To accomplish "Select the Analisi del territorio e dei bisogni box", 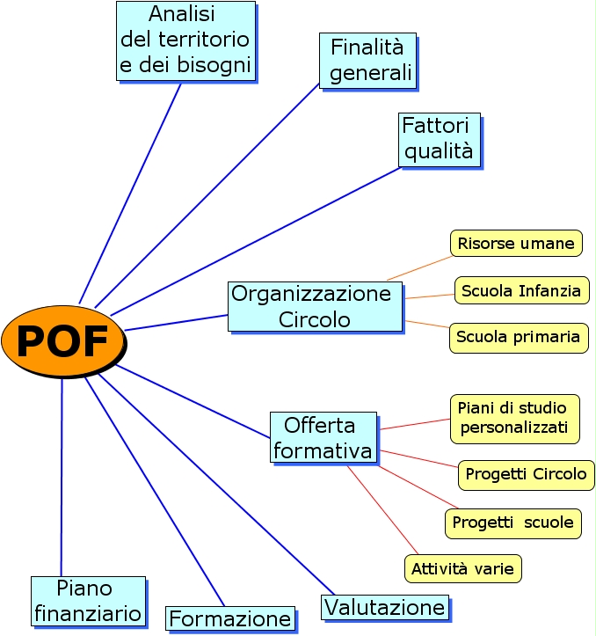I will coord(185,40).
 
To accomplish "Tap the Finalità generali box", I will coord(367,60).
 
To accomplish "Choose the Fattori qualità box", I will coord(439,139).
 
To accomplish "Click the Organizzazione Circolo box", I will coord(314,305).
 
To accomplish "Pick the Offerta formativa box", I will coord(323,438).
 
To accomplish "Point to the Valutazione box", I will coord(384,607).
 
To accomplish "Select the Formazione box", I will coord(229,618).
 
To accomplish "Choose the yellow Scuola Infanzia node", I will coord(521,289).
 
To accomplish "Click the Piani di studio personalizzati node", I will coord(514,418).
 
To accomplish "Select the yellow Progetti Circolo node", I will coord(526,474).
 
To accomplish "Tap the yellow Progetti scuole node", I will coord(512,523).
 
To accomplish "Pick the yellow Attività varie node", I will coord(463,567).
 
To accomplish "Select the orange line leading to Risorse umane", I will coord(420,267).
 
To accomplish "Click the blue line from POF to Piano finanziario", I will coord(62,475).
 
